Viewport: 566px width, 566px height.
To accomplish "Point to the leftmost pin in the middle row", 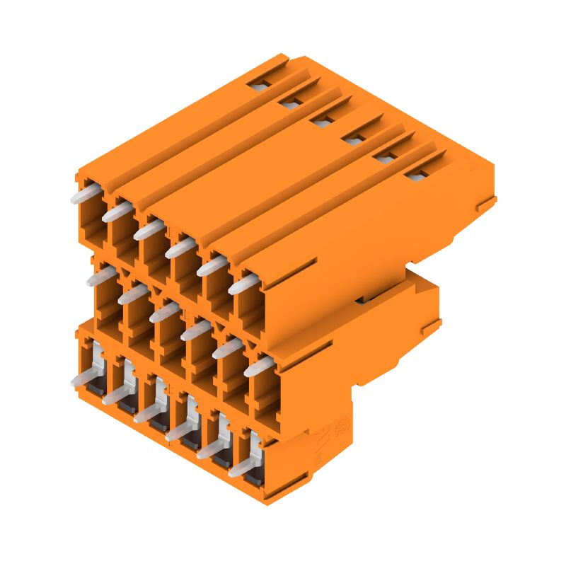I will pyautogui.click(x=100, y=277).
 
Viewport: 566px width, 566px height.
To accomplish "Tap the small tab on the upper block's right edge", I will pyautogui.click(x=483, y=206).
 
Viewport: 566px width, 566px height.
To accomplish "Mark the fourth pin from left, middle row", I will pyautogui.click(x=197, y=330).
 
